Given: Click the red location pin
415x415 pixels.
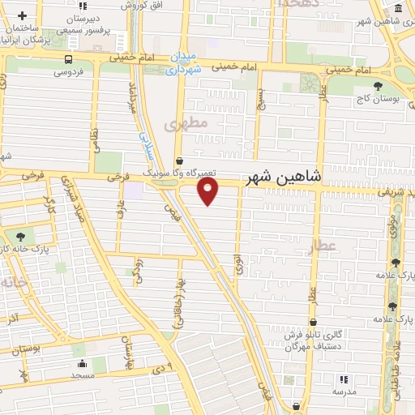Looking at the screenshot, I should [x=209, y=191].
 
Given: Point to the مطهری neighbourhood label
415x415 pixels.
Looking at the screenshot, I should [x=186, y=123].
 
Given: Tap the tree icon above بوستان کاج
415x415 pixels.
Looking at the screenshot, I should [x=377, y=84].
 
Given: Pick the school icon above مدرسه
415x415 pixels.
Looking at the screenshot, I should [x=344, y=379].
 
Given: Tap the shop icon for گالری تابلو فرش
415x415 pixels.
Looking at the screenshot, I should [x=312, y=322].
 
